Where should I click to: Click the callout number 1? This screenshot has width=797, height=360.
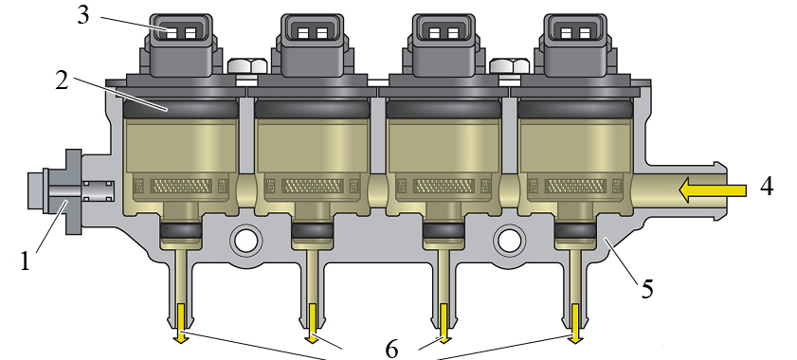click(x=25, y=261)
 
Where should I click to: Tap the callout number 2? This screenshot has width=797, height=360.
click(x=62, y=81)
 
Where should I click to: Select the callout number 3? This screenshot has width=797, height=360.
click(x=83, y=15)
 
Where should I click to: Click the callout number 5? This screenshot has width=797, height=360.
click(x=646, y=288)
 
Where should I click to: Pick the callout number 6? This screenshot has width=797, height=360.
click(x=391, y=350)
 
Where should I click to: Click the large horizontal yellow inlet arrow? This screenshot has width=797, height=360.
click(x=713, y=190)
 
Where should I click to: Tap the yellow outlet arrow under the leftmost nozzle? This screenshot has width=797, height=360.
click(x=180, y=323)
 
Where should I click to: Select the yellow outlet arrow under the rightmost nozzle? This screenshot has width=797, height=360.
click(x=575, y=323)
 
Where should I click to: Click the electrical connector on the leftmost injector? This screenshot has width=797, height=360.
click(x=181, y=45)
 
